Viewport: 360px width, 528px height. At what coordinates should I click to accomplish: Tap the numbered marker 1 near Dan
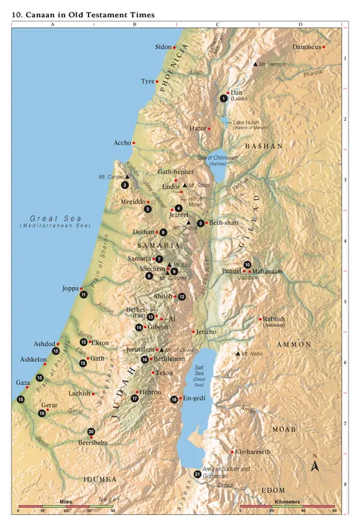[223, 99]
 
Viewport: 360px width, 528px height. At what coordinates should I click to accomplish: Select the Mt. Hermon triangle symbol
[254, 64]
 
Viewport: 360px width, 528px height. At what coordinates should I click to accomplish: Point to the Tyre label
[148, 81]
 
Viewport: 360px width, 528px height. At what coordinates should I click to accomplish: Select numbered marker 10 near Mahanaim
[247, 264]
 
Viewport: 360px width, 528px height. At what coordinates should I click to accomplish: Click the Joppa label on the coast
[70, 288]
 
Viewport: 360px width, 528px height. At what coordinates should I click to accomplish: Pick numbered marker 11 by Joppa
[84, 294]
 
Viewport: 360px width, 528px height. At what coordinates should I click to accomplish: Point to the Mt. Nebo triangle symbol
[238, 353]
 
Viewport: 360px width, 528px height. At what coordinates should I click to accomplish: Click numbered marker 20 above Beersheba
[91, 432]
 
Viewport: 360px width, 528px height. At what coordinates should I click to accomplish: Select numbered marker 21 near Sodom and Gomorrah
[197, 473]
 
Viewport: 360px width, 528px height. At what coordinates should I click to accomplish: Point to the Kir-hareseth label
[253, 452]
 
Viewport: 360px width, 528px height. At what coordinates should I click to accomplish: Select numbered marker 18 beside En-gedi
[174, 399]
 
